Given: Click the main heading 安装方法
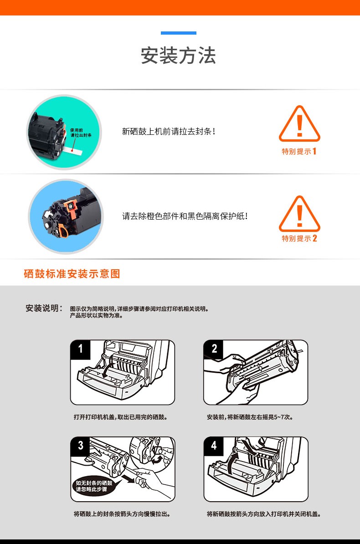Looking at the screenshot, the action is click(x=179, y=56).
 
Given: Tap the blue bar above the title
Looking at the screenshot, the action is click(x=179, y=33).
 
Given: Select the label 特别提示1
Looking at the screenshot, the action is click(x=299, y=151).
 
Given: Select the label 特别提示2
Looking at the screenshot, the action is click(x=299, y=238).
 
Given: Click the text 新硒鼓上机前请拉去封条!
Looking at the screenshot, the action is click(x=169, y=132).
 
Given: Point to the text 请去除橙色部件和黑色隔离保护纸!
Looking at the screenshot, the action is click(x=185, y=216).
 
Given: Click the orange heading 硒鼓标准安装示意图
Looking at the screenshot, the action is click(x=72, y=274).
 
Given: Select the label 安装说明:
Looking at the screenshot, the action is click(x=44, y=308).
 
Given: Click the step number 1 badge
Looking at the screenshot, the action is click(x=81, y=349).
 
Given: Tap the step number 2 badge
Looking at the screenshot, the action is click(x=214, y=349).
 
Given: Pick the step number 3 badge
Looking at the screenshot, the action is click(x=81, y=446).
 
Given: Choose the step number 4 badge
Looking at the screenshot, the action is click(x=214, y=446).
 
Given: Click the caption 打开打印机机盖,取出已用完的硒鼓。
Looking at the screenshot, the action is click(x=121, y=417).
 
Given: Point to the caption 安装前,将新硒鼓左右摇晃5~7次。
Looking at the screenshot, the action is click(x=250, y=417).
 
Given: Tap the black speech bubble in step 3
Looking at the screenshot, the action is click(x=94, y=486).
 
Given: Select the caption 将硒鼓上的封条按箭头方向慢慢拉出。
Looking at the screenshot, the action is click(x=122, y=514).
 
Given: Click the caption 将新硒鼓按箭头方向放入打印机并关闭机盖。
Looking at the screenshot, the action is click(x=264, y=514).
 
